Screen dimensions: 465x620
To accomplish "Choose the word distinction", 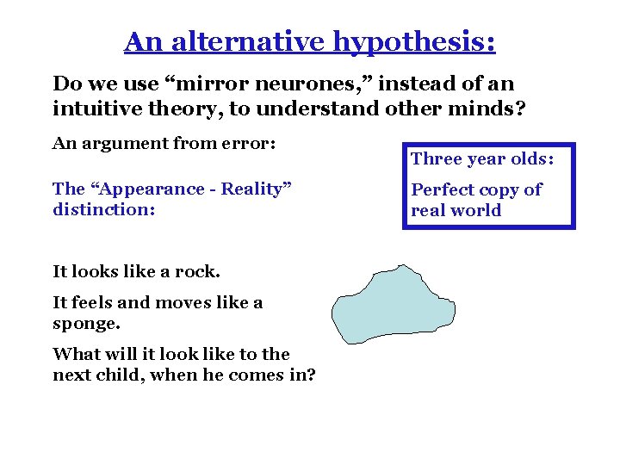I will point(102,209).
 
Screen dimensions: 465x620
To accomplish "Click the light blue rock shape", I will point(392,305).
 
